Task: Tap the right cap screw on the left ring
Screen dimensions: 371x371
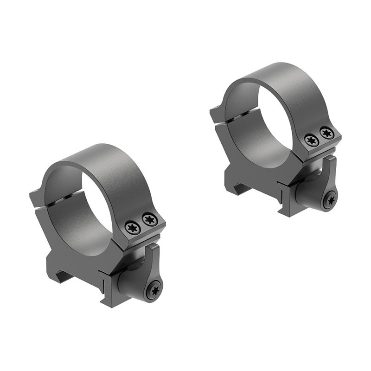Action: click(x=149, y=219)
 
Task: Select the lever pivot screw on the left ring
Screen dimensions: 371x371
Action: click(x=154, y=290)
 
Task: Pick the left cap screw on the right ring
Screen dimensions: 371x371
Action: click(x=312, y=140)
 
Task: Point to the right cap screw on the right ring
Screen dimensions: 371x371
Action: click(x=327, y=133)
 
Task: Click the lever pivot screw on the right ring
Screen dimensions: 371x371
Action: click(x=331, y=201)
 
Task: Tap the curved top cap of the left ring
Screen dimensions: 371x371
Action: click(x=107, y=162)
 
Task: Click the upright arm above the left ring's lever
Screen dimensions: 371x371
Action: click(x=154, y=257)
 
